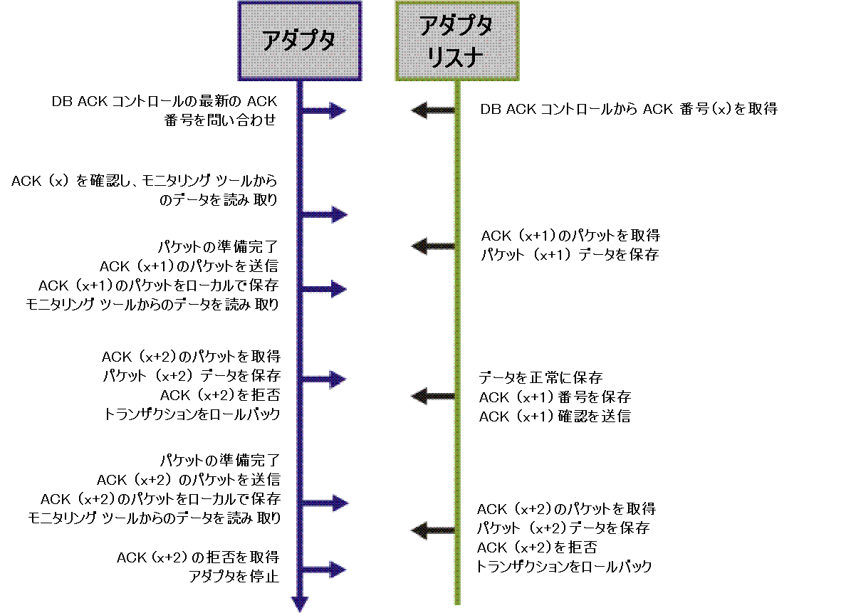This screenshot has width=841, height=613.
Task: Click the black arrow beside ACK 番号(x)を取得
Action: (x=433, y=110)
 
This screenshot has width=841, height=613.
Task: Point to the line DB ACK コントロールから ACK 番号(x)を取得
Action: (x=628, y=110)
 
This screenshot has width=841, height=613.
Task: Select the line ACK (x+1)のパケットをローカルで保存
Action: (x=158, y=285)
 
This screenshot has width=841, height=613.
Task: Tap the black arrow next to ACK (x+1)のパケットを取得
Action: (x=433, y=246)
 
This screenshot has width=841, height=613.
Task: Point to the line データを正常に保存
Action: (x=540, y=377)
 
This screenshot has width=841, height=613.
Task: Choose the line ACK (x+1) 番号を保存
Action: (x=555, y=397)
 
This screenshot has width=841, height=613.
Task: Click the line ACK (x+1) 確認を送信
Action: (x=555, y=416)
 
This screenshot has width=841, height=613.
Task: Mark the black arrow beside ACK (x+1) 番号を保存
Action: (x=433, y=396)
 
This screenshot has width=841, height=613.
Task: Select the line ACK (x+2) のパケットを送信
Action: (x=188, y=478)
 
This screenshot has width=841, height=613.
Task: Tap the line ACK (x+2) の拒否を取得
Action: (x=197, y=557)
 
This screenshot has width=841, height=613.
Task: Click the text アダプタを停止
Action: (x=234, y=576)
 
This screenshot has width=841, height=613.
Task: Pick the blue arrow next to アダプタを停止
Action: (x=324, y=569)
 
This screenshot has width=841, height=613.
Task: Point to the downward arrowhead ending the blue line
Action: (x=300, y=602)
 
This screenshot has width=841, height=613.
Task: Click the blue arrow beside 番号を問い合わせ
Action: (x=324, y=110)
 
